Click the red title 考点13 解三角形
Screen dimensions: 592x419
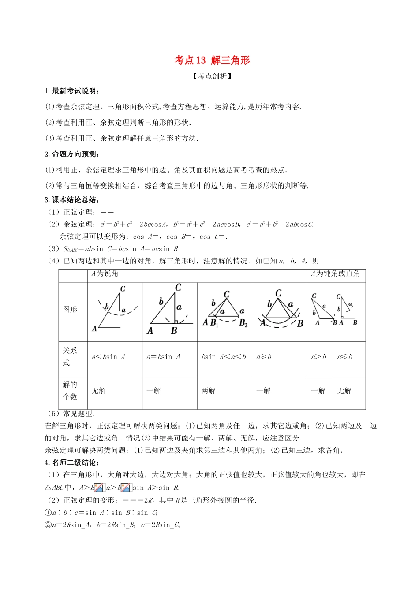click(212, 60)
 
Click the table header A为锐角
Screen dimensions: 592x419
click(105, 274)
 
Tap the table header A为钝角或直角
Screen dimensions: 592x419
click(335, 274)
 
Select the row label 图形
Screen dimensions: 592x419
click(70, 309)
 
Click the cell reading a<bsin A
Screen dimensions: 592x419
click(108, 357)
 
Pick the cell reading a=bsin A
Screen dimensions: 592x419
click(163, 357)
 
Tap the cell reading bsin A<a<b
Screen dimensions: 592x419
click(224, 357)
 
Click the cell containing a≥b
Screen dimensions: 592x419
click(264, 357)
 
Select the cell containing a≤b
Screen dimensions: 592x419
click(344, 357)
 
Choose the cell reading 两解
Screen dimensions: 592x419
click(208, 391)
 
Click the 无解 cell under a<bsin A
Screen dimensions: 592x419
click(98, 391)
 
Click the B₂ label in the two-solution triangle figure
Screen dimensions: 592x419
click(243, 323)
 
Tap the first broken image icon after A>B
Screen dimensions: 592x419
click(98, 487)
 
